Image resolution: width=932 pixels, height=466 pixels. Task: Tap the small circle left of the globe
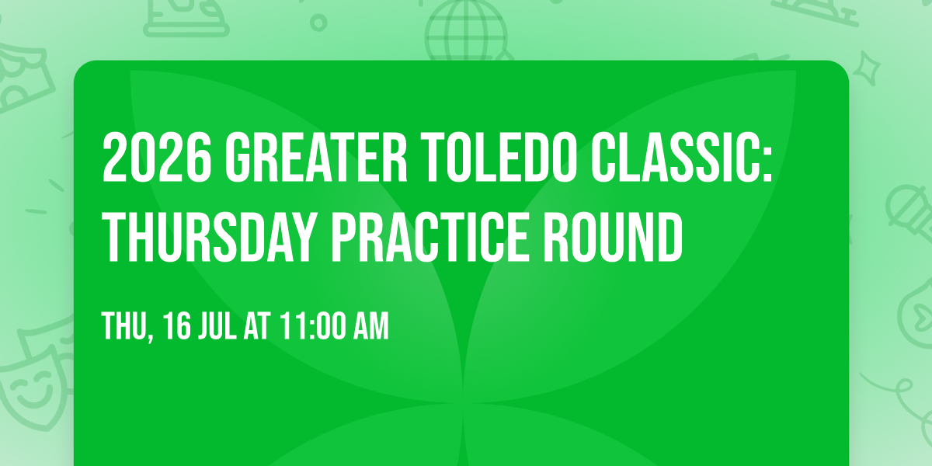click(318, 23)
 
